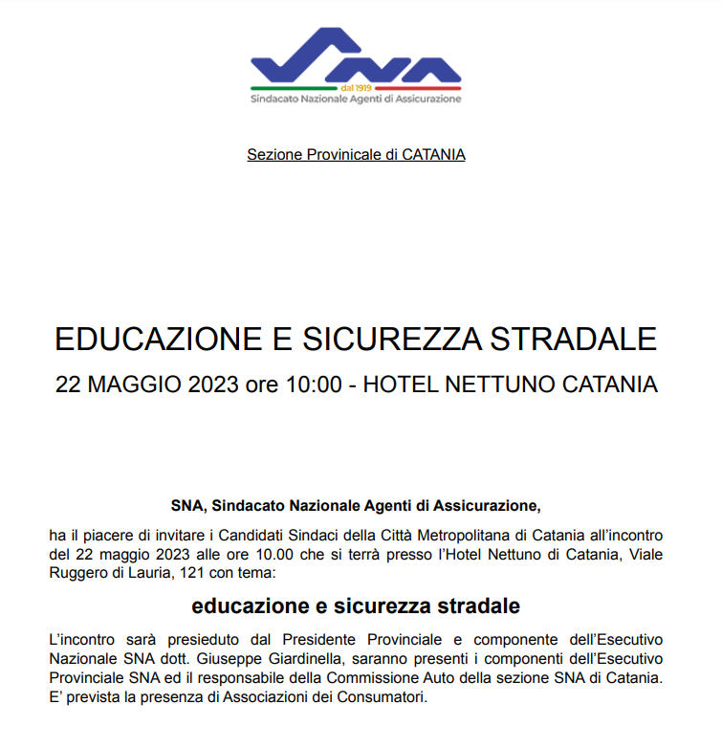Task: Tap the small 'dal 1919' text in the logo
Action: tap(356, 87)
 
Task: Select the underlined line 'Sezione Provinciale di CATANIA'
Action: tap(356, 154)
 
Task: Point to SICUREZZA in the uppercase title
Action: tap(394, 340)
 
